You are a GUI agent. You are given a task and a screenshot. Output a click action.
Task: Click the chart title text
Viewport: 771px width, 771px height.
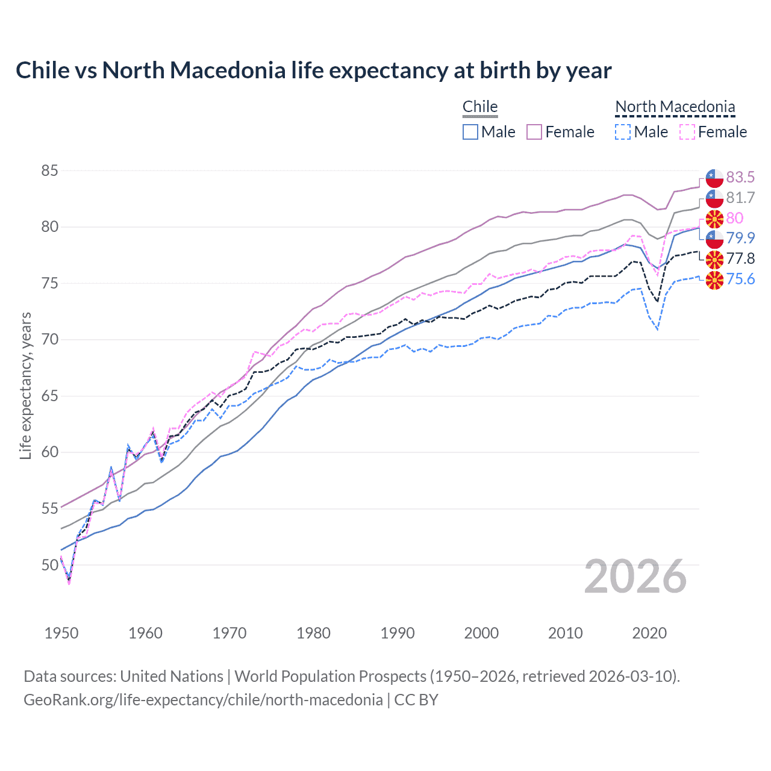coord(313,70)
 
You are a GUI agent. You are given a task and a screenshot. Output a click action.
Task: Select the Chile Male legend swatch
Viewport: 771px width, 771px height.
coord(470,132)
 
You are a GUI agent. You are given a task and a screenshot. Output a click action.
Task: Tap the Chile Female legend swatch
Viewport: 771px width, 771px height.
coord(534,132)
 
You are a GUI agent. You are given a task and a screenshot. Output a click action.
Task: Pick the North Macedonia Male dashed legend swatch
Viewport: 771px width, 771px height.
coord(623,132)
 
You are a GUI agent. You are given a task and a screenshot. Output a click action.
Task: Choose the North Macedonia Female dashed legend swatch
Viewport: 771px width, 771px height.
coord(687,132)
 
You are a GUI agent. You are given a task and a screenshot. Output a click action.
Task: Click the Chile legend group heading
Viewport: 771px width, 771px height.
coord(480,107)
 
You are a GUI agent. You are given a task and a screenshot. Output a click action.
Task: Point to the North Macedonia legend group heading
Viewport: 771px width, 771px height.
coord(675,107)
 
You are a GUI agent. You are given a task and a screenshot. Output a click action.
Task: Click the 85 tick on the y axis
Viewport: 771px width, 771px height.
coord(49,171)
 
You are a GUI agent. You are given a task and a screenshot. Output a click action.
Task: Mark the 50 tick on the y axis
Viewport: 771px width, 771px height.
coord(49,565)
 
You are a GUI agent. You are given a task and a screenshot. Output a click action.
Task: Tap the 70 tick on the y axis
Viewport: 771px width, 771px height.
coord(49,340)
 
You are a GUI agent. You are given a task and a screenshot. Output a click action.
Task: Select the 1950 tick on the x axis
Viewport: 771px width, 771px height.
coord(61,633)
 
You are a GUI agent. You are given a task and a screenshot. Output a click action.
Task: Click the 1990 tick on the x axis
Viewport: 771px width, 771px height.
coord(398,633)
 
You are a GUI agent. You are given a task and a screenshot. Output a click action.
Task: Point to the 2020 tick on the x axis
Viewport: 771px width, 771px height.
coord(649,633)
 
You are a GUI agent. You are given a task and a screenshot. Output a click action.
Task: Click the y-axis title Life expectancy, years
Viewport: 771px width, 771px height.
coord(25,385)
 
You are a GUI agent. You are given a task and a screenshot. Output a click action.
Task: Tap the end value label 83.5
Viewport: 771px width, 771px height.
coord(740,177)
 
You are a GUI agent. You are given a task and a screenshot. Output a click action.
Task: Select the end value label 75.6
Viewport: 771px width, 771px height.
coord(740,279)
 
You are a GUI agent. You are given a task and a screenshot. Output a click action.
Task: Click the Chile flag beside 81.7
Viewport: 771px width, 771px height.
coord(714,198)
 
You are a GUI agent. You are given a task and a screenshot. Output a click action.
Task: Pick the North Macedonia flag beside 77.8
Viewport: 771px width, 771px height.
coord(714,259)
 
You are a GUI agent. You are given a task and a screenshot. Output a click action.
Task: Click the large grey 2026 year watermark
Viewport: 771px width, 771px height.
coord(635,576)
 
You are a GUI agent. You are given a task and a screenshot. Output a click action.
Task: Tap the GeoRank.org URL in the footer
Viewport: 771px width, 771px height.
coord(203,700)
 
